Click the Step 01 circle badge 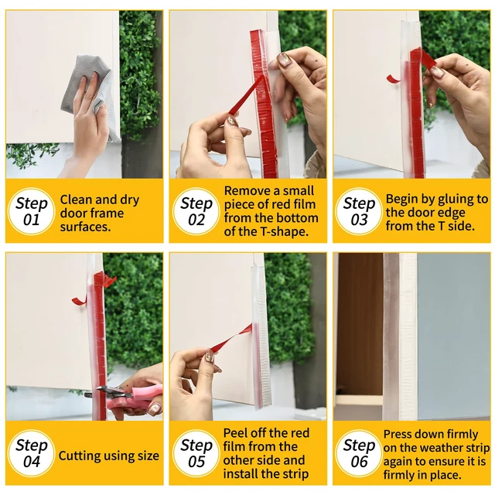[32, 211]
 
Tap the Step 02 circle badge [196, 211]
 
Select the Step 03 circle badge [359, 211]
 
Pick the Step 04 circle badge [32, 453]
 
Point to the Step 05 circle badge [196, 453]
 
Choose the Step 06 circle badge [359, 453]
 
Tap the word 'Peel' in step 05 [235, 433]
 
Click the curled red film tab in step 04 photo [79, 301]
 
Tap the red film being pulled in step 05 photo [231, 339]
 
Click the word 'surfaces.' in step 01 [85, 227]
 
